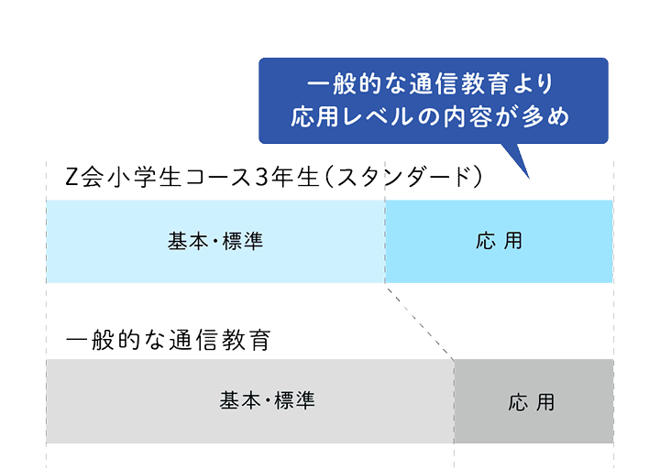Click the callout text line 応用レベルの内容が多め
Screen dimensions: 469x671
(432, 117)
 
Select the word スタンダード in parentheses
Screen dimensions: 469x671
(404, 177)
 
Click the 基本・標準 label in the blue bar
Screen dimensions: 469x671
(215, 242)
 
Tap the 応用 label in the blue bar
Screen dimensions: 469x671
(500, 242)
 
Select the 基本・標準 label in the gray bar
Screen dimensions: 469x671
(267, 400)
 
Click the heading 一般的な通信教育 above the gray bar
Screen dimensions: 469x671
(170, 340)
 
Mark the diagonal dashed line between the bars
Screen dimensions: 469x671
(420, 321)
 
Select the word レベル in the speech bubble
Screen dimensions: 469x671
(378, 117)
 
